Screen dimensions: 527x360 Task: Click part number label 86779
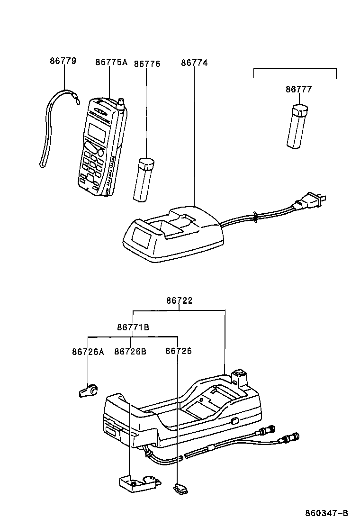coord(63,61)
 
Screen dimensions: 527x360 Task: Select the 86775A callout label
coord(111,62)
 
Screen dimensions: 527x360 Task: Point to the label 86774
coord(194,63)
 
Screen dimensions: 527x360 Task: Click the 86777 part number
coord(299,89)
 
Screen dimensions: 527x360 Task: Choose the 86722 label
coord(179,300)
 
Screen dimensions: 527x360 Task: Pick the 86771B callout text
coord(133,327)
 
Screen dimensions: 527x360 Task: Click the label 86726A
coord(88,352)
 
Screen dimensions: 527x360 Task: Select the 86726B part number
coord(130,352)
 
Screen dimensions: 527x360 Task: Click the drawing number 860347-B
coord(326,513)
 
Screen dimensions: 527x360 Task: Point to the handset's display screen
coord(97,133)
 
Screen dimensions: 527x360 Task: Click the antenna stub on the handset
coord(122,105)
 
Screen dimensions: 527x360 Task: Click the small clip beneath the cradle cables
coord(180,487)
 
